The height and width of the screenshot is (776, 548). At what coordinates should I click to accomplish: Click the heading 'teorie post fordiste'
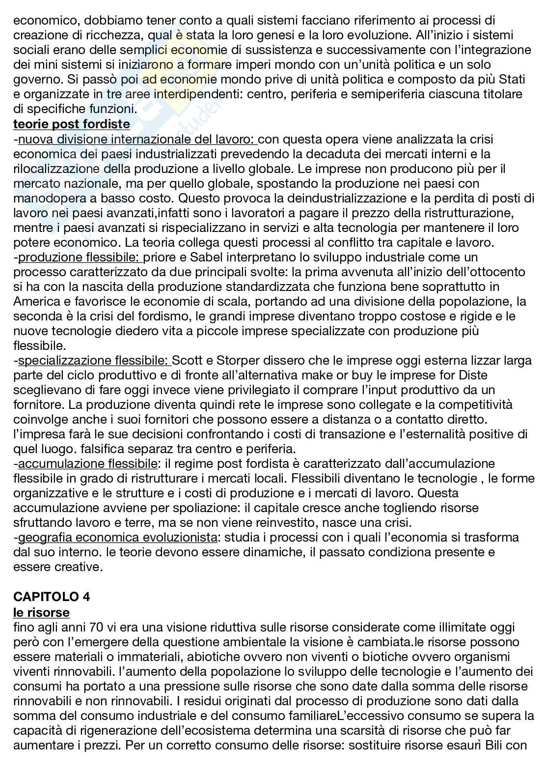coord(72,124)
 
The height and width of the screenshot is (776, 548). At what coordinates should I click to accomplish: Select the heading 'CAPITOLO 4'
coord(52,597)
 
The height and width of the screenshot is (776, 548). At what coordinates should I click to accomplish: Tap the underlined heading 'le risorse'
coord(41,612)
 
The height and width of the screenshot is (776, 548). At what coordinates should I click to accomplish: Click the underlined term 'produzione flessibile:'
coord(81,258)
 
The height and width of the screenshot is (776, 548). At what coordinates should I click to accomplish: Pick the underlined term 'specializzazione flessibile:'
coord(95,361)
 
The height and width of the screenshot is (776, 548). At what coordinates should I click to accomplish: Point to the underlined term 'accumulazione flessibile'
coord(88,463)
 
